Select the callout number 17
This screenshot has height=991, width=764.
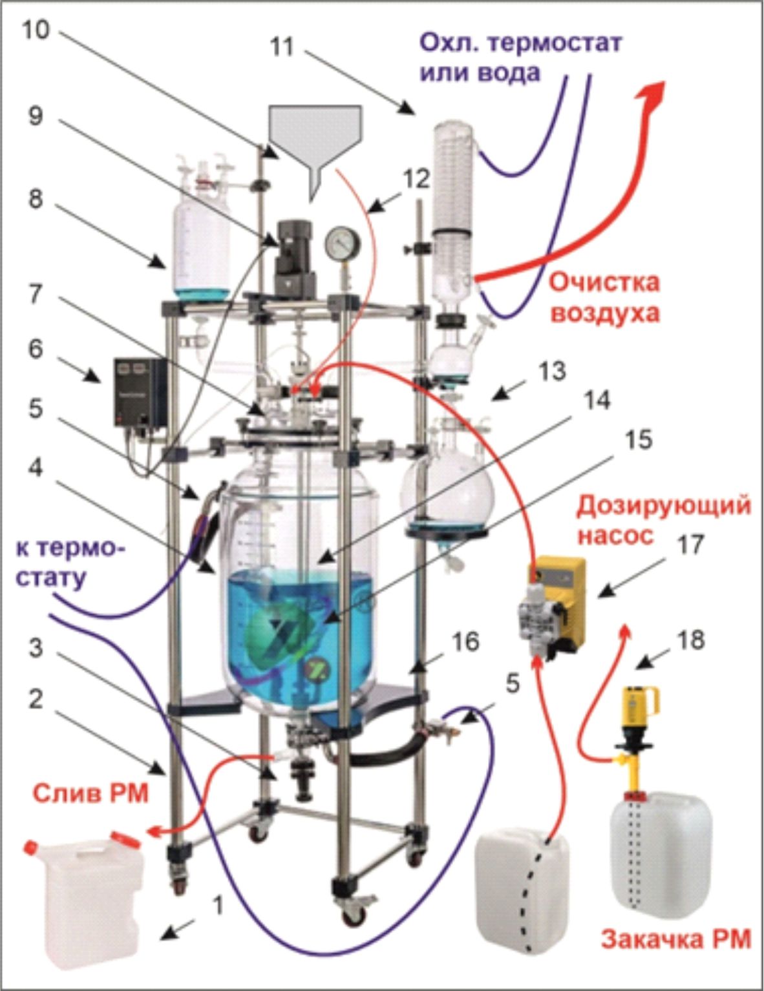(691, 545)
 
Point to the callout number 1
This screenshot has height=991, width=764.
(218, 906)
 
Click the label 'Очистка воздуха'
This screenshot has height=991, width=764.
(604, 298)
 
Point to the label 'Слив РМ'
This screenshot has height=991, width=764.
(90, 792)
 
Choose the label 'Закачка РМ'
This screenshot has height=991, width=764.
(675, 937)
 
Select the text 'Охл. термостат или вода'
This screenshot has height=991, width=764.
(520, 57)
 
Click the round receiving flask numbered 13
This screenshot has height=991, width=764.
(447, 483)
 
